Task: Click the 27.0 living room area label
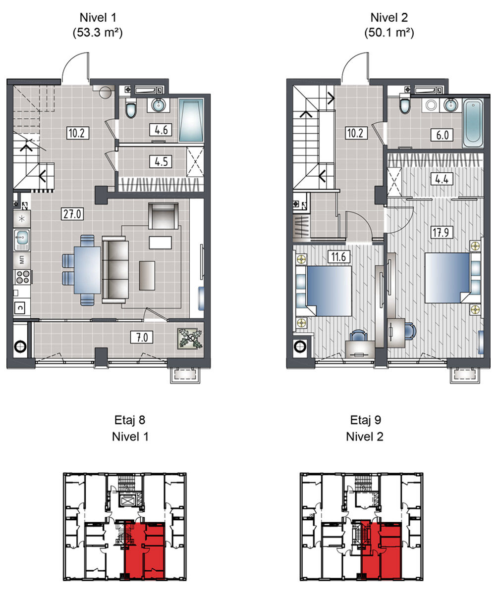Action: click(x=72, y=214)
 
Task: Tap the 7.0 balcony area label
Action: click(x=142, y=338)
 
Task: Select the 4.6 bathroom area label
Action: click(x=161, y=130)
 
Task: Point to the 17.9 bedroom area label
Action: click(x=441, y=233)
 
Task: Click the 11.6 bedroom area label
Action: click(x=338, y=257)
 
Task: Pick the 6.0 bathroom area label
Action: click(x=442, y=135)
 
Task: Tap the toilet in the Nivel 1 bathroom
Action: click(x=131, y=108)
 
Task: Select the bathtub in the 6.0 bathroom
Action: click(x=473, y=123)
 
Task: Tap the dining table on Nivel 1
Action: click(x=87, y=270)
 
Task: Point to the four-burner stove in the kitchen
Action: click(x=23, y=277)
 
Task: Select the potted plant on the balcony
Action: click(x=190, y=339)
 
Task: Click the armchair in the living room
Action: click(x=164, y=216)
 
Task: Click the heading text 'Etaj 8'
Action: click(x=130, y=420)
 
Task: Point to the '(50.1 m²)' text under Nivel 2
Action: click(x=389, y=33)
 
